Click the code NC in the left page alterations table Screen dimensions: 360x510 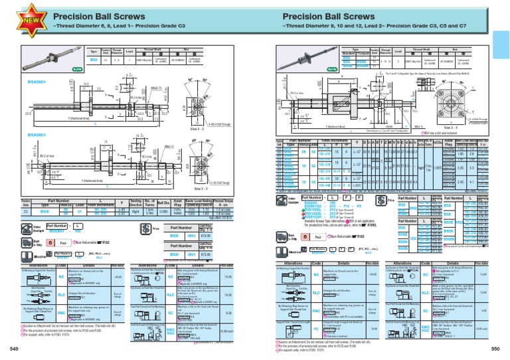coord(61,277)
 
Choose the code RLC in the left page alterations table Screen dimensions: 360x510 coord(61,294)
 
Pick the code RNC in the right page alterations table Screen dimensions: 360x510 coord(316,310)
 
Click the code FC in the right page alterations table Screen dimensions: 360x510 coord(316,328)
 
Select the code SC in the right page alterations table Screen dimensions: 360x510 coord(426,310)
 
